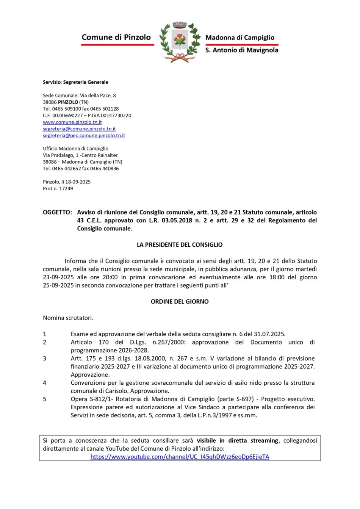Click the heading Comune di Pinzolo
(x=116, y=37)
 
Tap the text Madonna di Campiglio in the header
(x=239, y=38)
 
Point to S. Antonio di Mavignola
(x=242, y=50)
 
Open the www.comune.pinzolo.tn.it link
(x=72, y=122)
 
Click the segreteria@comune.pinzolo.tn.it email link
(x=79, y=129)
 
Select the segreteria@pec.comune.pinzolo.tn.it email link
(x=84, y=135)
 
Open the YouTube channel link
(x=180, y=457)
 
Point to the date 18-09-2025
(x=78, y=182)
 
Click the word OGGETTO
(x=57, y=212)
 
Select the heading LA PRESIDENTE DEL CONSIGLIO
(x=180, y=245)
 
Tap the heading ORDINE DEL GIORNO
(x=180, y=302)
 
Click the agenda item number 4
(x=44, y=383)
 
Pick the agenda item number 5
(x=44, y=399)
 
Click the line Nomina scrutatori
(x=68, y=318)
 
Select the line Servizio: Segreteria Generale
(x=75, y=82)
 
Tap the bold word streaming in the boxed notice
(x=264, y=440)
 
